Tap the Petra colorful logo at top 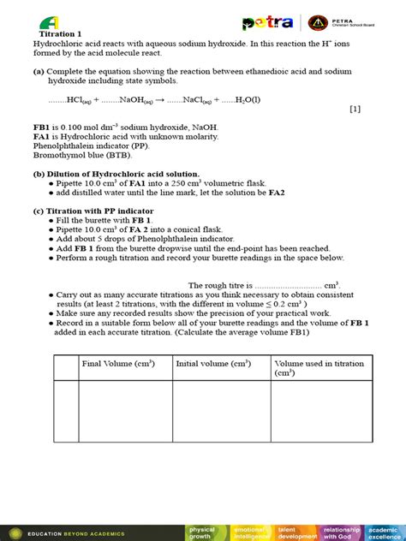point(267,23)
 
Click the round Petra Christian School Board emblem point(317,23)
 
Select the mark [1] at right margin point(355,109)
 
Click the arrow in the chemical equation point(160,99)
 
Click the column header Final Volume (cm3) point(118,364)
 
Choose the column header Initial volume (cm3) point(213,364)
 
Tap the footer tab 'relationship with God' point(341,532)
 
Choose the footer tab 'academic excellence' point(385,532)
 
